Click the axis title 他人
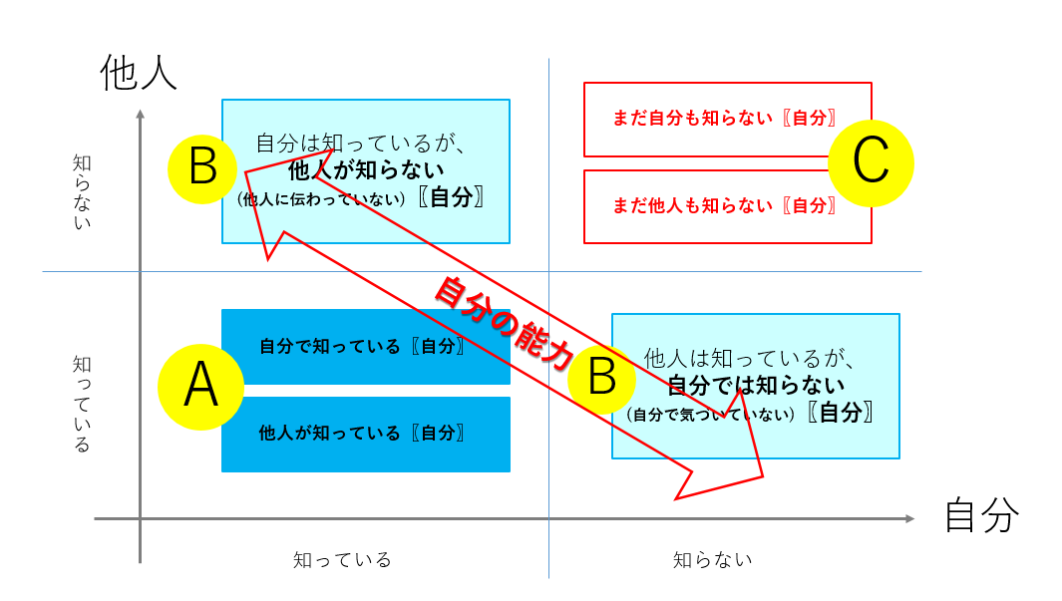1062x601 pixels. pyautogui.click(x=139, y=73)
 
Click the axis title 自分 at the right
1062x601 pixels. pyautogui.click(x=981, y=514)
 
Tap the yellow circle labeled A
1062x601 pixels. pyautogui.click(x=200, y=387)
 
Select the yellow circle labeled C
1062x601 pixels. pyautogui.click(x=871, y=163)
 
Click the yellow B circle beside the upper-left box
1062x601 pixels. pyautogui.click(x=202, y=169)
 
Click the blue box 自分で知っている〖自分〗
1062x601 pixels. pyautogui.click(x=366, y=347)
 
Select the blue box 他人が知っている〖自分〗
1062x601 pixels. pyautogui.click(x=366, y=434)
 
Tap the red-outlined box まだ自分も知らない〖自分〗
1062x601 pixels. pyautogui.click(x=727, y=120)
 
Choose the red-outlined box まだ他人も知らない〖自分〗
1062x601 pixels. pyautogui.click(x=727, y=206)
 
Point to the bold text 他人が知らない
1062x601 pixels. pyautogui.click(x=366, y=169)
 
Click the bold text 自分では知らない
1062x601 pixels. pyautogui.click(x=756, y=385)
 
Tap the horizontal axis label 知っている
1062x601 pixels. pyautogui.click(x=342, y=560)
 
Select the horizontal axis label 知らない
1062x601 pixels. pyautogui.click(x=713, y=560)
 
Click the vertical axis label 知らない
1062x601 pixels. pyautogui.click(x=82, y=192)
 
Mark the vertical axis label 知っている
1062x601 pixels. pyautogui.click(x=82, y=404)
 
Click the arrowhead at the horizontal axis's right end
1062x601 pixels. pyautogui.click(x=910, y=519)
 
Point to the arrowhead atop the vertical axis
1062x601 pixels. pyautogui.click(x=141, y=114)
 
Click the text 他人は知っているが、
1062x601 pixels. pyautogui.click(x=749, y=358)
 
